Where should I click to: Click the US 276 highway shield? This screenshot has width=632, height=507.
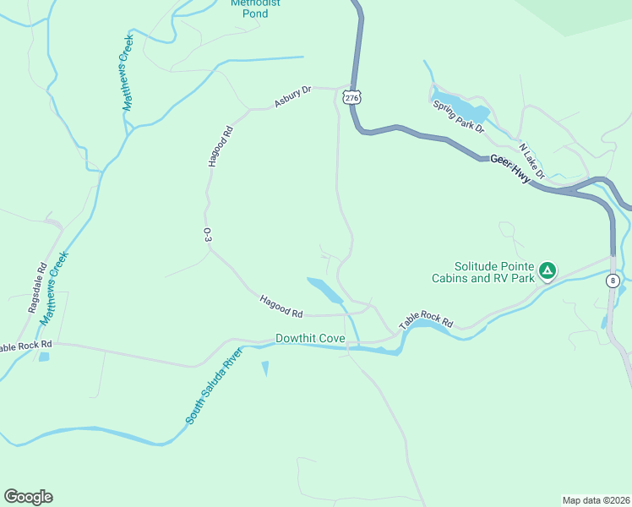tap(352, 99)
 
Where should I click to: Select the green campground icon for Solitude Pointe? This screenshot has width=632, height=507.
tap(548, 271)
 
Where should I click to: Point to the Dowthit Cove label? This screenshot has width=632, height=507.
tap(310, 339)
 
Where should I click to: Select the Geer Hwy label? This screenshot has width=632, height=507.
tap(509, 166)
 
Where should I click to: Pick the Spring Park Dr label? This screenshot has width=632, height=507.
tap(458, 117)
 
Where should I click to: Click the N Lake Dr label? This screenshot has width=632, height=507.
tap(532, 161)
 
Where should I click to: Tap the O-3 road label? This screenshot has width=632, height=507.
tap(207, 236)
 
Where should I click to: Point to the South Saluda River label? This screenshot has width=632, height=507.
tap(208, 384)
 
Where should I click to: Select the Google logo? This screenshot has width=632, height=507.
tap(28, 497)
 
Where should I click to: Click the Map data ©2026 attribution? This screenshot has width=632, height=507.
tap(596, 499)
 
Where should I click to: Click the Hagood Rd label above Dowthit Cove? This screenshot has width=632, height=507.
tap(281, 306)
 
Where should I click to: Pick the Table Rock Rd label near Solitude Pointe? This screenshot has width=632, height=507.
tap(426, 319)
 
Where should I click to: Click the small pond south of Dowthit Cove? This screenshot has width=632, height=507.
tap(265, 368)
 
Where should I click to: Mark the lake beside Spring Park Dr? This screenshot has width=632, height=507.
tap(463, 107)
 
